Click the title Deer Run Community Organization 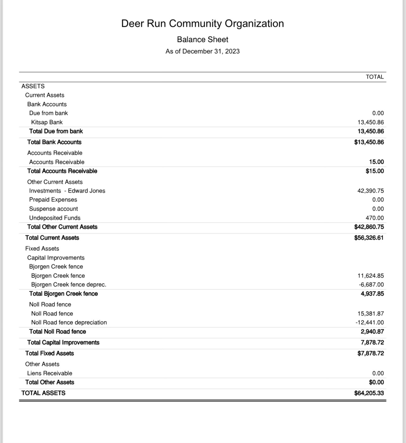(202, 24)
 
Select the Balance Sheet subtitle (202, 39)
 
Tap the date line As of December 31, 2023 (202, 51)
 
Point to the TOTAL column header (375, 77)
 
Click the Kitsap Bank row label (47, 122)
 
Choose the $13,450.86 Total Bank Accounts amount (369, 142)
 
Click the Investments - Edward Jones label (67, 191)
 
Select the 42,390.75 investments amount (371, 191)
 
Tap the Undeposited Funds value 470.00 (375, 218)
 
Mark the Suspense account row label (53, 209)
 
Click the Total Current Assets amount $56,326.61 (369, 238)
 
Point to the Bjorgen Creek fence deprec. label (69, 284)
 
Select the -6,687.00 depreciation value (371, 284)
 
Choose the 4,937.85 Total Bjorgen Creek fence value (372, 294)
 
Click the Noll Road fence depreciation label (69, 322)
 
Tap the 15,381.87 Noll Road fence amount (371, 314)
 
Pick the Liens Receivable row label (50, 373)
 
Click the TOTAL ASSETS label (43, 393)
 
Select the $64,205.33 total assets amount (369, 393)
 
